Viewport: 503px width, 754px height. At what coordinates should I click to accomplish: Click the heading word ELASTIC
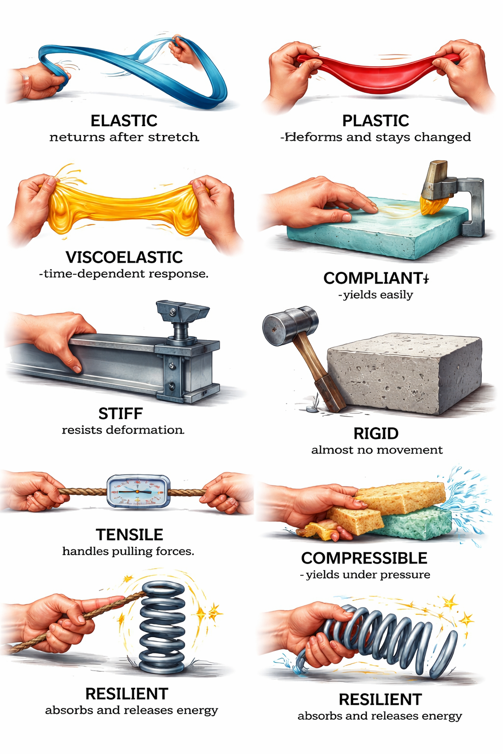click(x=124, y=121)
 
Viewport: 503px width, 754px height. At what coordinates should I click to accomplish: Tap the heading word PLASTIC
click(x=375, y=121)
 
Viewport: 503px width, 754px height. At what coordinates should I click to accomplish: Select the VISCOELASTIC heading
click(x=124, y=257)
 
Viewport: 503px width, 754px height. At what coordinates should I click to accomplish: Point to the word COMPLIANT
click(x=373, y=278)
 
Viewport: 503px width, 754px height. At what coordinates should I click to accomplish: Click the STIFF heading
click(x=120, y=414)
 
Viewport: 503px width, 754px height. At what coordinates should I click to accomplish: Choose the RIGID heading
click(x=376, y=433)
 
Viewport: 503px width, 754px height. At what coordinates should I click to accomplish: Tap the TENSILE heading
click(x=129, y=535)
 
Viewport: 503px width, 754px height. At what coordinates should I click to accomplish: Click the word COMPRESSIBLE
click(x=364, y=558)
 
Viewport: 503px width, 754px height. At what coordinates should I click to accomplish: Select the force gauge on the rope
click(x=138, y=490)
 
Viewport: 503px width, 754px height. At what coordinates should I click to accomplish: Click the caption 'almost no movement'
click(x=377, y=450)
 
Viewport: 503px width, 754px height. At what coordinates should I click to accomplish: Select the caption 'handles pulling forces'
click(x=128, y=552)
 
